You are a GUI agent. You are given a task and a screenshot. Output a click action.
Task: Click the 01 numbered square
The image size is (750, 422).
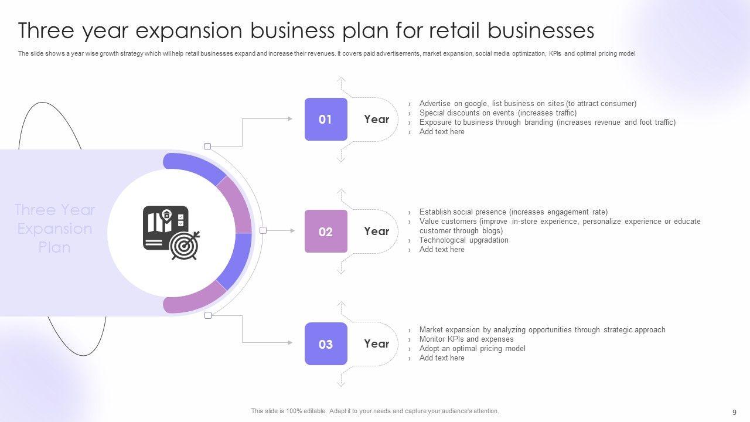coord(326,120)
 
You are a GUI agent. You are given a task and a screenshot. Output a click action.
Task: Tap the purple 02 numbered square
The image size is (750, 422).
coord(326,232)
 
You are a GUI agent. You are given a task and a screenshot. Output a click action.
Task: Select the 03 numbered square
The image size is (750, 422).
coord(326,344)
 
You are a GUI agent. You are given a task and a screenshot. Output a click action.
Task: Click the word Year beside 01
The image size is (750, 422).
coord(376,120)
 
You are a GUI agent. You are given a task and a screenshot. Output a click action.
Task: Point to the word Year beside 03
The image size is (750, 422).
coord(376,344)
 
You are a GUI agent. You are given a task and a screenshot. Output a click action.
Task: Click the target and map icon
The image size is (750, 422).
coord(171,233)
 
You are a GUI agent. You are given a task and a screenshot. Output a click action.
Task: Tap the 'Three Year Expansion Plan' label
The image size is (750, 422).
coord(54,229)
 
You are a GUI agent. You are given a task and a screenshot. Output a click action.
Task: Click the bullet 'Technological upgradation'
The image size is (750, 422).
coord(463,240)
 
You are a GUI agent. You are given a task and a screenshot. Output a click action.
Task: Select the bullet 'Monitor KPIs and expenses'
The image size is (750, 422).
coord(466,339)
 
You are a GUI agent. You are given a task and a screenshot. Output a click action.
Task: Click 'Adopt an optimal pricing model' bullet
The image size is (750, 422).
coord(472,349)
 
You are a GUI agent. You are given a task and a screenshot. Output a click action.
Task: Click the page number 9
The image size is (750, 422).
coord(734,412)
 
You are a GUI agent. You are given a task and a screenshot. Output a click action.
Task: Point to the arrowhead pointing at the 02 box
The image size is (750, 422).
coord(292,231)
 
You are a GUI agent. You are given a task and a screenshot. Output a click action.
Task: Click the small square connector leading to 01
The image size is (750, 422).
coord(207,146)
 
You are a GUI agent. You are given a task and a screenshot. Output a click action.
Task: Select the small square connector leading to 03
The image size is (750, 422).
coord(207,315)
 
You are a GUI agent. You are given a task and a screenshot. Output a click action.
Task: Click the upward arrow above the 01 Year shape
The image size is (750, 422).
coord(341,79)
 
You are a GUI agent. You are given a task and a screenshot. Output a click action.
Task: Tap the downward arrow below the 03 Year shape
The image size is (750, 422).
coord(341,384)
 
